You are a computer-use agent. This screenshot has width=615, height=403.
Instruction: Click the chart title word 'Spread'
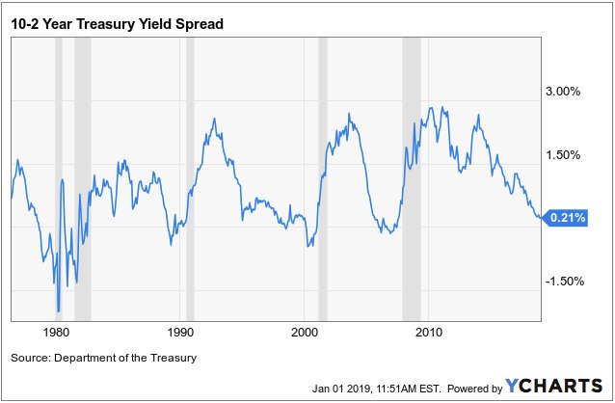(x=198, y=22)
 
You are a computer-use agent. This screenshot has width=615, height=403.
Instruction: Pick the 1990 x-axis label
(x=180, y=332)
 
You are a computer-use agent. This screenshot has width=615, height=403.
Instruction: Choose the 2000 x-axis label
(x=305, y=332)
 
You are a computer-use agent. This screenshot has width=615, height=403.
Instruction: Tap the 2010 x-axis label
(x=429, y=332)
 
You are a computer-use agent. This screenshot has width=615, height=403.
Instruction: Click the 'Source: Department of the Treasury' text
(x=103, y=359)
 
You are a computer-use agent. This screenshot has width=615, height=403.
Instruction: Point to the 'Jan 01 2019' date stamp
(x=343, y=389)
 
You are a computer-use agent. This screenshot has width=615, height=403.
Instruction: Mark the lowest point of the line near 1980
(x=58, y=311)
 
